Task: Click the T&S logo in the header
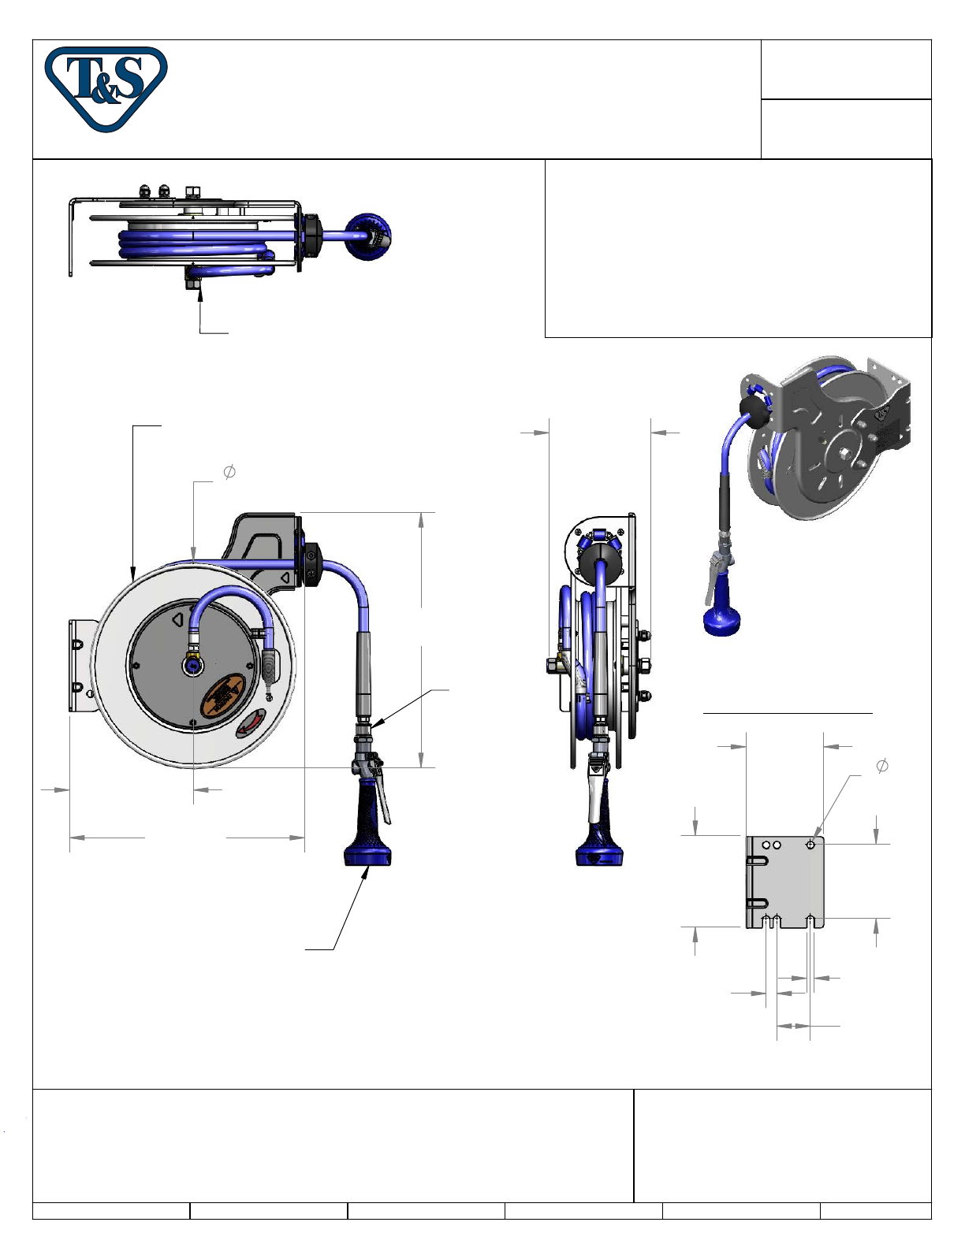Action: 106,88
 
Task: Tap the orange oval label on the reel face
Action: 223,695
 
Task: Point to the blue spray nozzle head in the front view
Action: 368,855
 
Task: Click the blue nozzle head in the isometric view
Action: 721,622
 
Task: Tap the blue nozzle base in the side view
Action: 599,855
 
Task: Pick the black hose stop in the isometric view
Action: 754,412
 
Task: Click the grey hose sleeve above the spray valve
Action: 363,672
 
